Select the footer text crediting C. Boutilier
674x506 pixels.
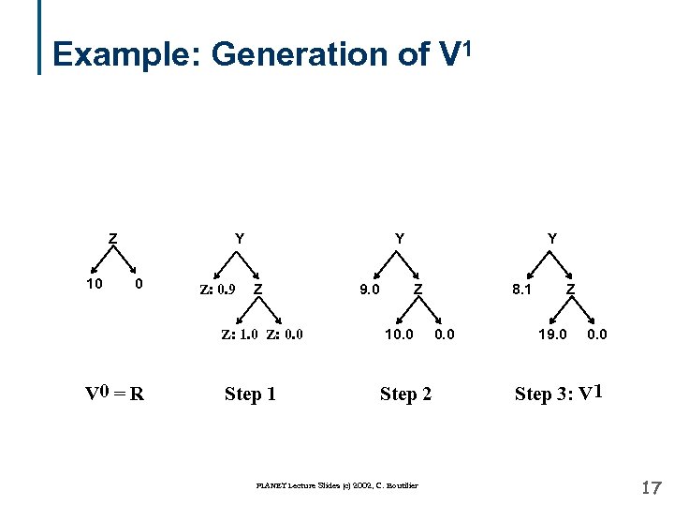[x=337, y=484]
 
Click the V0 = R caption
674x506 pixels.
[x=114, y=394]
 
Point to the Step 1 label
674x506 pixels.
[x=250, y=394]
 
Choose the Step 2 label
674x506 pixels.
[x=405, y=394]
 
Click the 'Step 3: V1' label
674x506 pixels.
[x=558, y=393]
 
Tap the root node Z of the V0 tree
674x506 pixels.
[x=112, y=238]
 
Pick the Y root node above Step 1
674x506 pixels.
[x=240, y=238]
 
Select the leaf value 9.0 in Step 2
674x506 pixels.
[x=369, y=289]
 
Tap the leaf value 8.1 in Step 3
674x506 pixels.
[x=521, y=289]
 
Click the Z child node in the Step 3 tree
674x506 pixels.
[x=572, y=289]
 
